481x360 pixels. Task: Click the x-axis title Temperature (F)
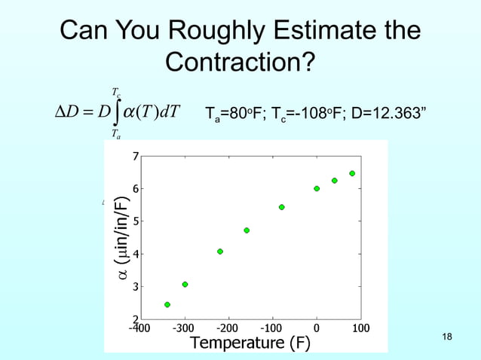pyautogui.click(x=250, y=344)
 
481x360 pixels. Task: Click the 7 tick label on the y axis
pyautogui.click(x=136, y=156)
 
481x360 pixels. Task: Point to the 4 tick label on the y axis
pyautogui.click(x=136, y=254)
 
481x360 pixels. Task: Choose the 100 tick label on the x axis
pyautogui.click(x=360, y=329)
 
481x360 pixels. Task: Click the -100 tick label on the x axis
pyautogui.click(x=271, y=329)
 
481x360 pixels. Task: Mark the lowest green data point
pyautogui.click(x=167, y=304)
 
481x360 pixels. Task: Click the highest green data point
pyautogui.click(x=352, y=173)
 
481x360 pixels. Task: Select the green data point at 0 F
pyautogui.click(x=317, y=188)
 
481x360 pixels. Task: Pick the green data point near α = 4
pyautogui.click(x=219, y=251)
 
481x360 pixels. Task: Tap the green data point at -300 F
pyautogui.click(x=185, y=284)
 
